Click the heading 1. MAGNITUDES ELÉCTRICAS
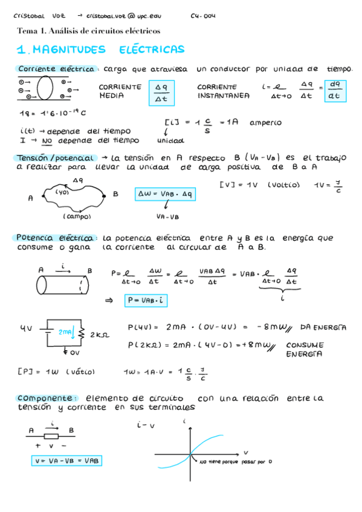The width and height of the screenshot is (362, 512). click(100, 50)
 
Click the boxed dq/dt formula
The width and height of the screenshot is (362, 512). click(334, 91)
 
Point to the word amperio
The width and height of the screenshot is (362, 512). click(265, 122)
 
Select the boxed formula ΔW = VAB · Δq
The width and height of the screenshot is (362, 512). click(164, 194)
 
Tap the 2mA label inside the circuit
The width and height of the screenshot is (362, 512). click(65, 332)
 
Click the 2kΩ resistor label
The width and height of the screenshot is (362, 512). click(98, 334)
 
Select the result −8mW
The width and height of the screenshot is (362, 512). click(267, 327)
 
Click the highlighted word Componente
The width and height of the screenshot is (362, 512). click(47, 398)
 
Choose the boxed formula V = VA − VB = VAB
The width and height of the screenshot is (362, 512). click(66, 460)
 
